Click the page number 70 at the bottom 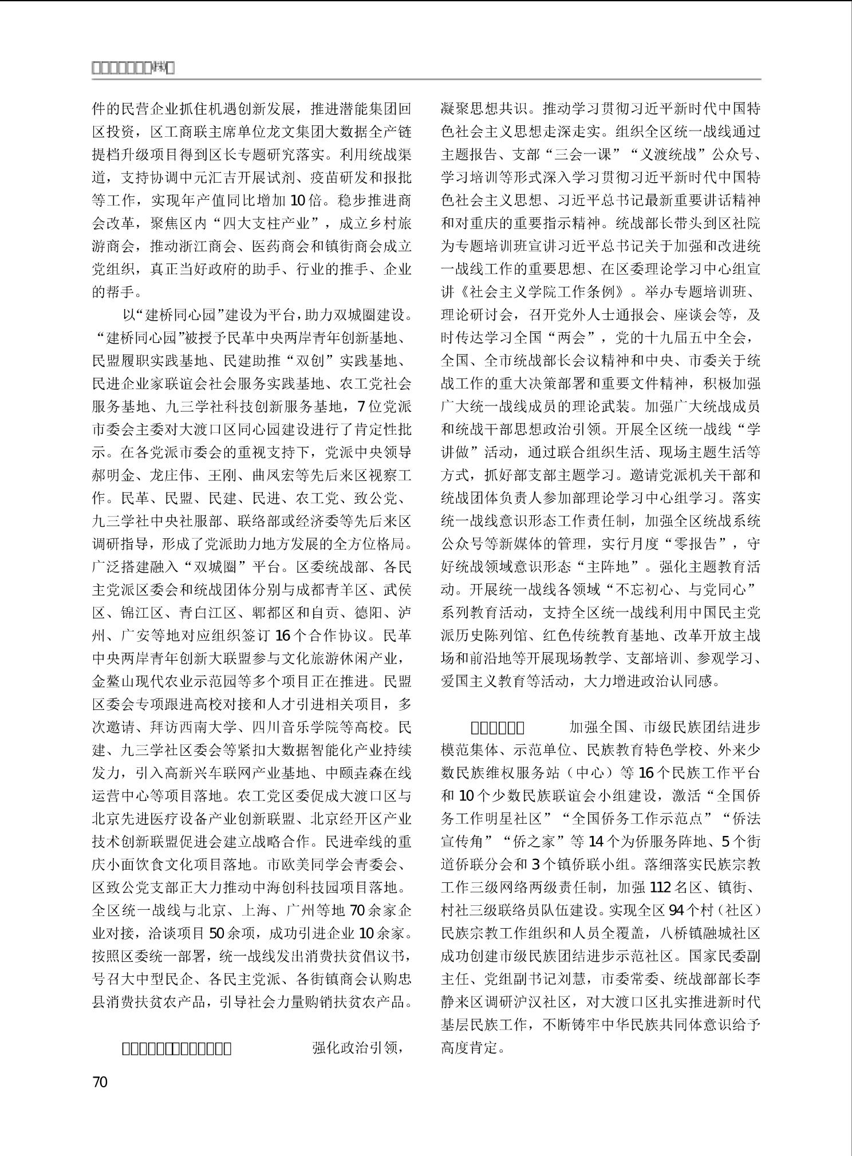pos(100,1082)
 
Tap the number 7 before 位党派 pos(361,407)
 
